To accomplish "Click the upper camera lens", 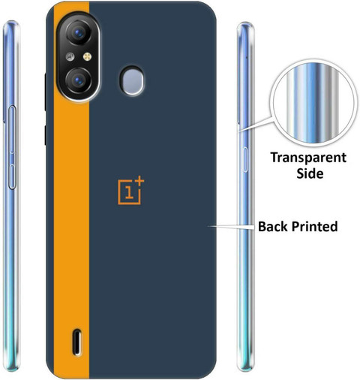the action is (78, 32).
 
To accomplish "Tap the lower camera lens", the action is (78, 80).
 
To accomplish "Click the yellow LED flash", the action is (87, 57).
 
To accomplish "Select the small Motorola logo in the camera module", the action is (70, 57).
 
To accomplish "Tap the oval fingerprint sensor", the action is (132, 80).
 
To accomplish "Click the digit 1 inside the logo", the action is (129, 192).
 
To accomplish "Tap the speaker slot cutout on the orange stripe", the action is (77, 342).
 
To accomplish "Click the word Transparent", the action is (308, 158).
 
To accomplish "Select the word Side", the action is (310, 173).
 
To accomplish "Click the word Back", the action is (273, 226).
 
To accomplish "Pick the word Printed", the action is (315, 226).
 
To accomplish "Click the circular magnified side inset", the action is (313, 104).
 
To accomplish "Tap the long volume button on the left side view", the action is (12, 129).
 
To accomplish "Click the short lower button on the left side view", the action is (12, 176).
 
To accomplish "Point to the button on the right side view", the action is (245, 159).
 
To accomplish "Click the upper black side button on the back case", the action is (46, 92).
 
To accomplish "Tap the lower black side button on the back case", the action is (46, 135).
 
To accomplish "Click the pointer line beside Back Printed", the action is (232, 227).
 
